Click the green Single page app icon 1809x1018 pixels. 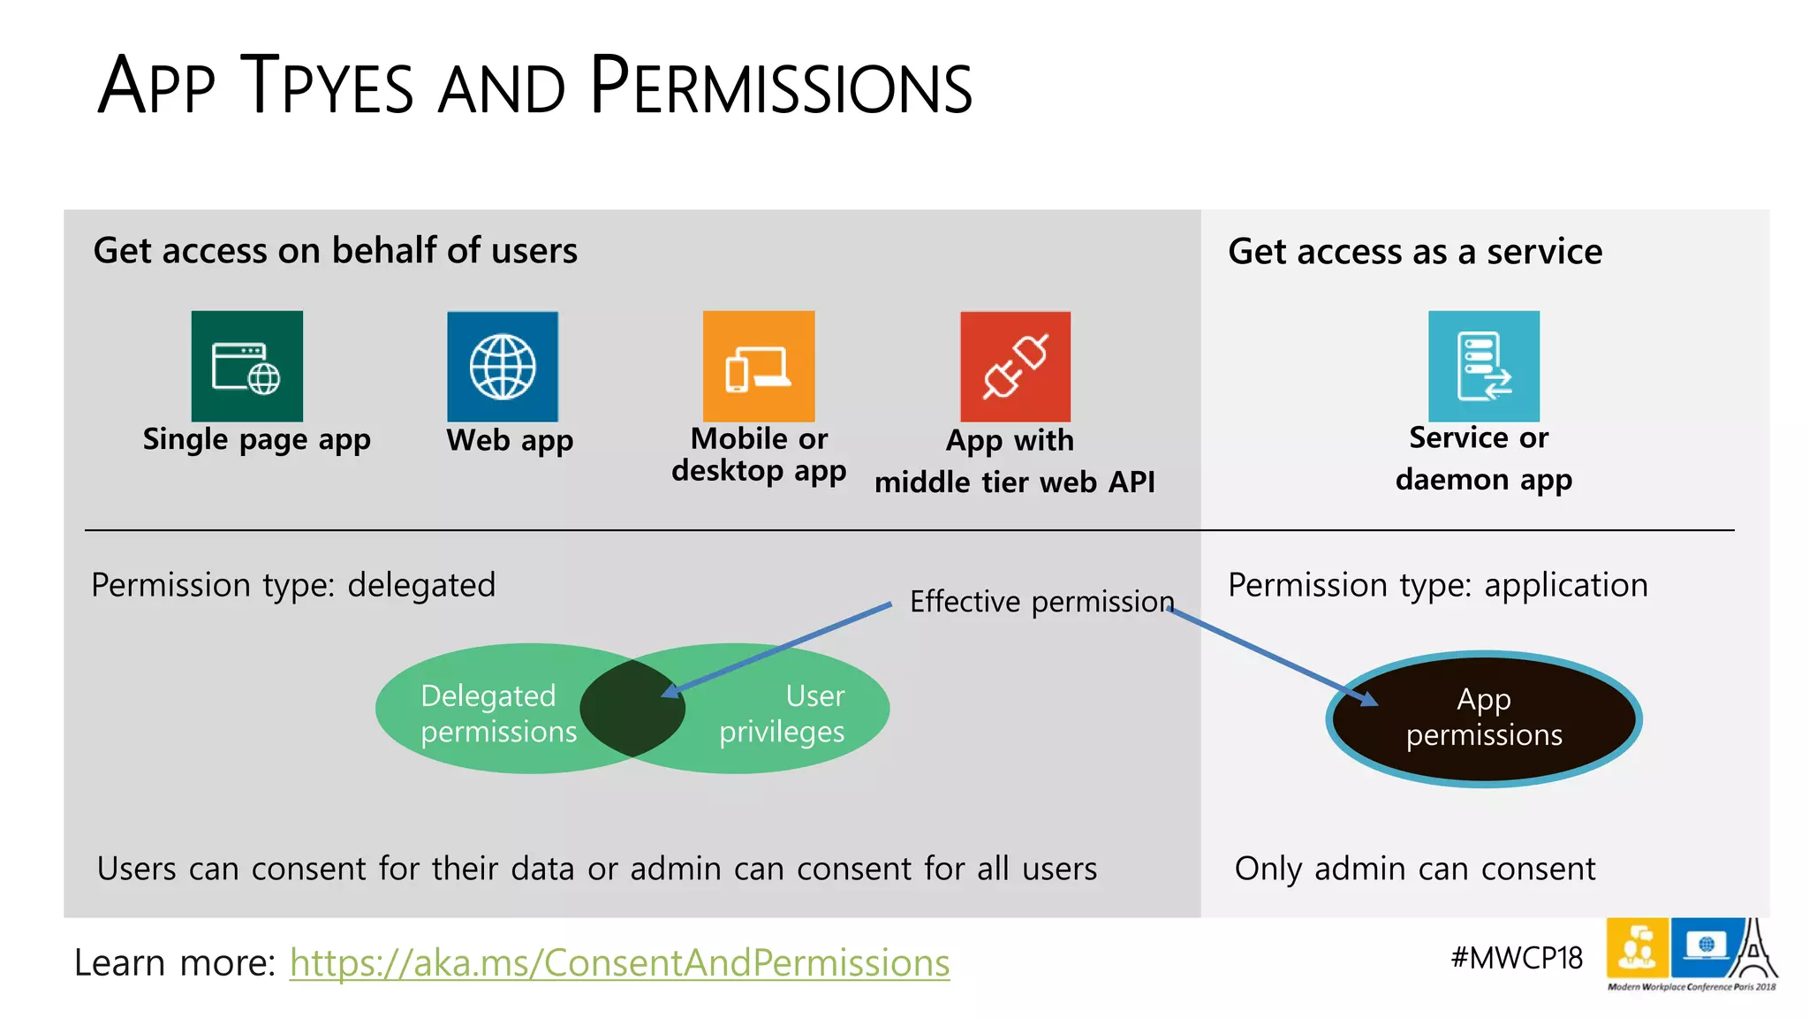pyautogui.click(x=246, y=366)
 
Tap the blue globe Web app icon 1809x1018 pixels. pyautogui.click(x=502, y=367)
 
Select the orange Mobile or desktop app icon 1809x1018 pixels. pyautogui.click(x=758, y=366)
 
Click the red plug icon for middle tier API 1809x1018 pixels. pyautogui.click(x=1015, y=366)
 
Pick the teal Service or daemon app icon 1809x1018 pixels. pyautogui.click(x=1483, y=366)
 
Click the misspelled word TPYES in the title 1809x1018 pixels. pyautogui.click(x=327, y=87)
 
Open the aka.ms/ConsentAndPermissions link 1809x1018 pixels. pyautogui.click(x=619, y=962)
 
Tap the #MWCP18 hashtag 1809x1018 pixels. pyautogui.click(x=1516, y=958)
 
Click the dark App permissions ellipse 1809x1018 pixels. pyautogui.click(x=1483, y=718)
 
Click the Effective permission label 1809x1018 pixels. pyautogui.click(x=1041, y=602)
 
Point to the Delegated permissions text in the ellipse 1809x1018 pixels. pyautogui.click(x=497, y=713)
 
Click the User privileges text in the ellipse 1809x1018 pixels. pyautogui.click(x=783, y=713)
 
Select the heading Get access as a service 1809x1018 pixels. pyautogui.click(x=1414, y=252)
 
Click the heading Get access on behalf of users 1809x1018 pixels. pyautogui.click(x=335, y=251)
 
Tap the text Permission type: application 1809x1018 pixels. pyautogui.click(x=1437, y=585)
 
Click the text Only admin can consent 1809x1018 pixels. pyautogui.click(x=1414, y=869)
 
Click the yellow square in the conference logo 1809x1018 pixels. pyautogui.click(x=1637, y=947)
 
